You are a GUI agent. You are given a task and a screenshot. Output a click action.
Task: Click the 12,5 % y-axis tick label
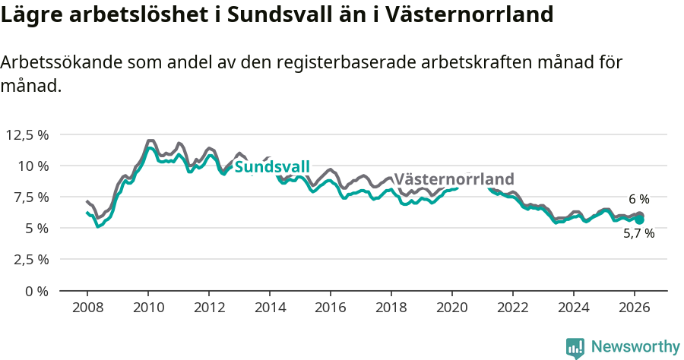coord(27,134)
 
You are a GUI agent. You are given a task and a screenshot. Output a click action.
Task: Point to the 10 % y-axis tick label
coord(33,166)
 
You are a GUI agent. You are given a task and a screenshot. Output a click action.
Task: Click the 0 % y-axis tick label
coord(36,291)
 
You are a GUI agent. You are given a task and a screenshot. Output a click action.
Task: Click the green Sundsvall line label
coord(271,167)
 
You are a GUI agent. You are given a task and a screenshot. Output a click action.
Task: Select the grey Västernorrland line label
coord(454,179)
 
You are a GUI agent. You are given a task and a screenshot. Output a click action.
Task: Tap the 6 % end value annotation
coord(638,199)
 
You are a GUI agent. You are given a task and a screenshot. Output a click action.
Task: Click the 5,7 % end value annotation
coord(638,234)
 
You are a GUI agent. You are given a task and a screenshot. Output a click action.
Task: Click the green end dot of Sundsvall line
coord(639,219)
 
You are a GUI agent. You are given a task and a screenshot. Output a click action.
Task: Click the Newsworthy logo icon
coord(575,347)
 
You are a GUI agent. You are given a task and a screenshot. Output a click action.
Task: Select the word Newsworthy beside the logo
coord(635,347)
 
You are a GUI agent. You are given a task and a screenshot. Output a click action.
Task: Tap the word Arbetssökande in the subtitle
coord(52,64)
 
